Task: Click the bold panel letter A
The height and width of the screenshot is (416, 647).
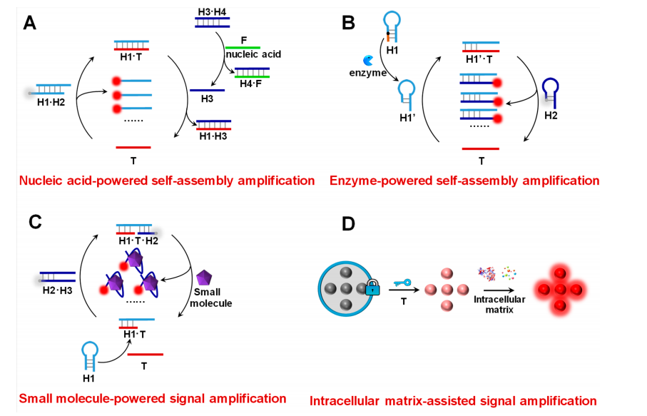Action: [29, 23]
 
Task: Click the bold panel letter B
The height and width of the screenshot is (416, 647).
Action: [349, 23]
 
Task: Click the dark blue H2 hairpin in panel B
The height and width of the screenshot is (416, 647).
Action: [550, 90]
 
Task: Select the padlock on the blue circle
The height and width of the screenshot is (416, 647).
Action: [370, 290]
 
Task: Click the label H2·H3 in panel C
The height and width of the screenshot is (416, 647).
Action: [55, 289]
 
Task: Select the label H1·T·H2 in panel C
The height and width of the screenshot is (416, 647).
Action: [138, 239]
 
